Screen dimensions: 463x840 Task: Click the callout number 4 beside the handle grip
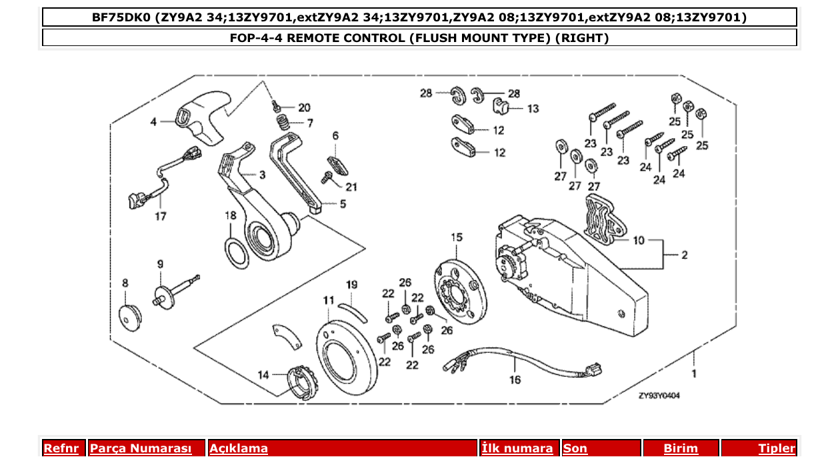pyautogui.click(x=153, y=122)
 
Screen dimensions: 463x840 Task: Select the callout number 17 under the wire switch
pyautogui.click(x=161, y=216)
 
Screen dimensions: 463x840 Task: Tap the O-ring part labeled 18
pyautogui.click(x=235, y=254)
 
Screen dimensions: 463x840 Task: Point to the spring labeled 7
pyautogui.click(x=284, y=123)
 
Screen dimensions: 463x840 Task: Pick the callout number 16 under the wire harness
pyautogui.click(x=515, y=380)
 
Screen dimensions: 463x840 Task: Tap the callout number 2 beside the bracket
pyautogui.click(x=684, y=255)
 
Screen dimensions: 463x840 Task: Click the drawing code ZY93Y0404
pyautogui.click(x=659, y=396)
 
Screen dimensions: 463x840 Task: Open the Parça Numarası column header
pyautogui.click(x=141, y=448)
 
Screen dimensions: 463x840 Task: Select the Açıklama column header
pyautogui.click(x=239, y=448)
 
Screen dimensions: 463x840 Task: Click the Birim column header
pyautogui.click(x=680, y=448)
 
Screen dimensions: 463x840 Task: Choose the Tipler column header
pyautogui.click(x=777, y=448)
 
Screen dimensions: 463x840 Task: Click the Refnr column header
pyautogui.click(x=61, y=448)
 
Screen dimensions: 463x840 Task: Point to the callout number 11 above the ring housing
pyautogui.click(x=328, y=301)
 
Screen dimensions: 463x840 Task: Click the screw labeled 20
pyautogui.click(x=276, y=105)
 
